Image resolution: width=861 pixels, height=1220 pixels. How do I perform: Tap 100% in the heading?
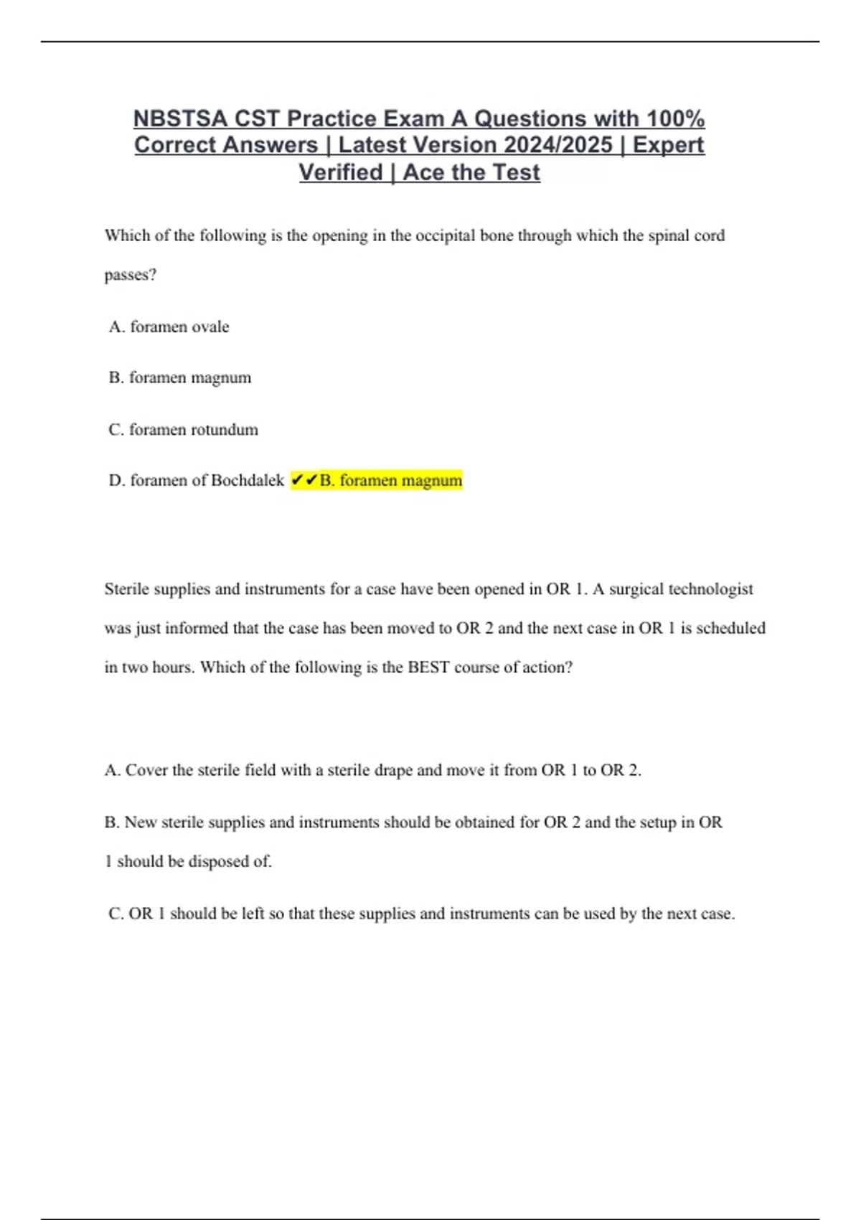(x=675, y=118)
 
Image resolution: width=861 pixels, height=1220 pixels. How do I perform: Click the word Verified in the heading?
(x=340, y=173)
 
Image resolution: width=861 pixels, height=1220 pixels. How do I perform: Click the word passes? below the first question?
(x=130, y=275)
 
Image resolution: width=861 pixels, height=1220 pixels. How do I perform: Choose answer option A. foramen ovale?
(x=169, y=327)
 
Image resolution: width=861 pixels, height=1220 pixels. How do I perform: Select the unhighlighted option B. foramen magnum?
(x=180, y=377)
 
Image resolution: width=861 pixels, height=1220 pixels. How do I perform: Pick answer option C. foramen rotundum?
(x=183, y=430)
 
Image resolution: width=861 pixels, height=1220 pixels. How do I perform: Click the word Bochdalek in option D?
(x=248, y=480)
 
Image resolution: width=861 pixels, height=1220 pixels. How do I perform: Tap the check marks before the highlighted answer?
(x=304, y=480)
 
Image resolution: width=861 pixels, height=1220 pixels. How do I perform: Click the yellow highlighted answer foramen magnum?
(x=391, y=480)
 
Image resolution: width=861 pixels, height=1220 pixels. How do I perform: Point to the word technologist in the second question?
(x=710, y=589)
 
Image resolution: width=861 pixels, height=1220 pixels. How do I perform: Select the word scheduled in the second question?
(x=730, y=628)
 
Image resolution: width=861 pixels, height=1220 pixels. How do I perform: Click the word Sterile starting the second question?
(x=129, y=589)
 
